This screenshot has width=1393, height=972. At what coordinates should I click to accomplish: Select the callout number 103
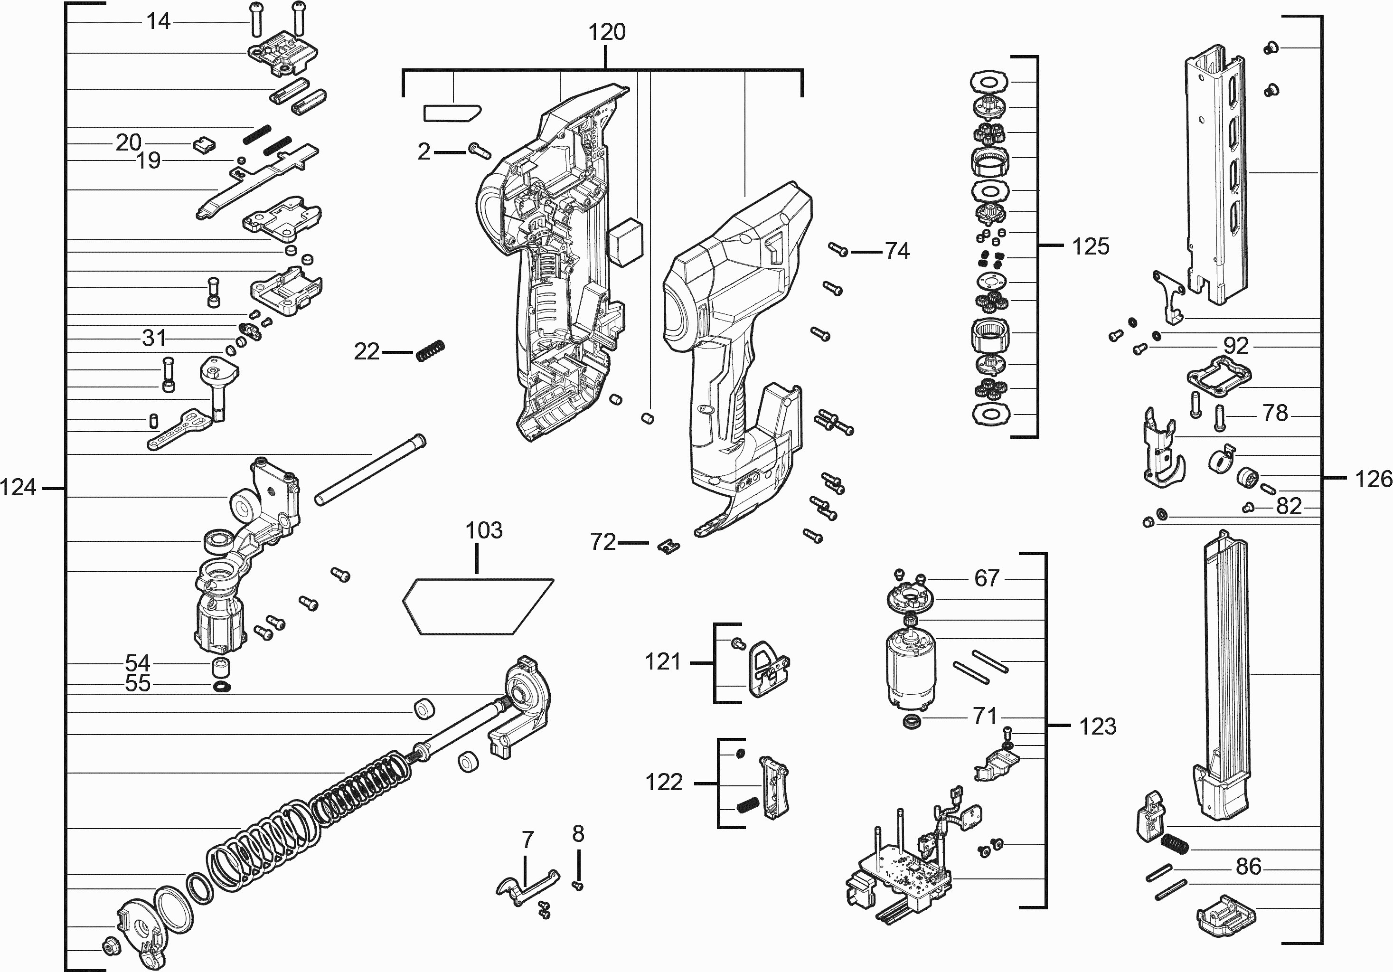click(x=483, y=530)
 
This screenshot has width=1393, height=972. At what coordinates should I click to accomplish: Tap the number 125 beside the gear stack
click(x=1090, y=247)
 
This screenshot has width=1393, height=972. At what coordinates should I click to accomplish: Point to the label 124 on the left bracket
click(x=18, y=487)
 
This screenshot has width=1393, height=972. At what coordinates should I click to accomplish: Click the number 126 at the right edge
click(x=1374, y=479)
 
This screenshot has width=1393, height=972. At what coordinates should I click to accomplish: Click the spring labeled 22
click(x=431, y=351)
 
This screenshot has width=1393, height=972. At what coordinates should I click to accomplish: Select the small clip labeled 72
click(x=668, y=546)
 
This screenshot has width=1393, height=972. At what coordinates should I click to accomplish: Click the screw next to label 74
click(x=838, y=249)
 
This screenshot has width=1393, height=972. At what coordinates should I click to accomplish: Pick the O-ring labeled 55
click(x=223, y=686)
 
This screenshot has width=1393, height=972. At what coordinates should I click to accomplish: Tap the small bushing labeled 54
click(x=221, y=668)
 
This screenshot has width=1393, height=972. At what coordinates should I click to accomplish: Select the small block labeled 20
click(x=204, y=145)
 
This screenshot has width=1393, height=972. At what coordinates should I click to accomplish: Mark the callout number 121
click(x=662, y=661)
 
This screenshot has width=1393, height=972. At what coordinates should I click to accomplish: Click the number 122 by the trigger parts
click(x=664, y=782)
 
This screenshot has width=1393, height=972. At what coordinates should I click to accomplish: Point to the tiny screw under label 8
click(x=578, y=887)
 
